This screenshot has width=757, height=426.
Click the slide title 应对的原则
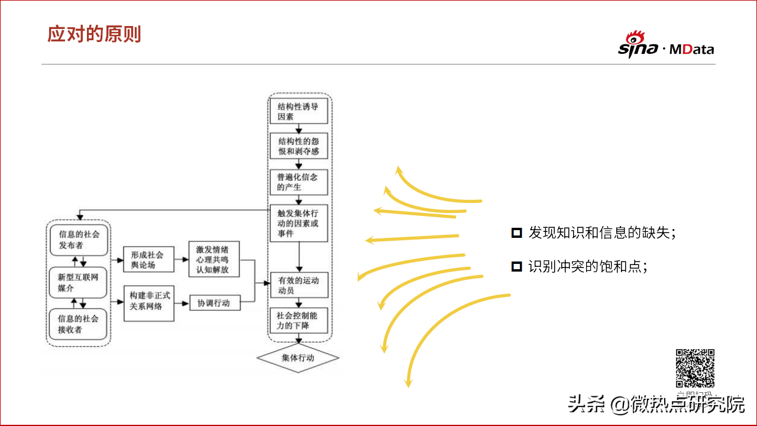(x=94, y=34)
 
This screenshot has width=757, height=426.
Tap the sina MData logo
(x=666, y=46)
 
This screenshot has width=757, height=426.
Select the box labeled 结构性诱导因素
(x=299, y=112)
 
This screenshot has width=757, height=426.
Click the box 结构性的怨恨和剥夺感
(x=299, y=146)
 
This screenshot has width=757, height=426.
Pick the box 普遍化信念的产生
(x=299, y=182)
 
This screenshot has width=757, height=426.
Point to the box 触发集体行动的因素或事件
(x=299, y=223)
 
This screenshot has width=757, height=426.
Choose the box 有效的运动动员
(x=299, y=286)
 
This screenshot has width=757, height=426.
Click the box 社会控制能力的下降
(x=299, y=320)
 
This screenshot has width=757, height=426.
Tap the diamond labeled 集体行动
(x=298, y=358)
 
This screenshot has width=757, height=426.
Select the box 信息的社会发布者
(x=79, y=239)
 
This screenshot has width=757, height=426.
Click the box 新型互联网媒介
(x=79, y=282)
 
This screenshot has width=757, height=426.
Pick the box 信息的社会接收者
(x=79, y=324)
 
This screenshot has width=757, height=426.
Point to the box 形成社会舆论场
(x=148, y=260)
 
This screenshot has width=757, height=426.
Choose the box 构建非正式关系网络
(x=148, y=302)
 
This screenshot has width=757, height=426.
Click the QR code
(x=695, y=368)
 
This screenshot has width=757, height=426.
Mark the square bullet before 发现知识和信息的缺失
(x=516, y=233)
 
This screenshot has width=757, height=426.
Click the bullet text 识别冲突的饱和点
(x=587, y=266)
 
